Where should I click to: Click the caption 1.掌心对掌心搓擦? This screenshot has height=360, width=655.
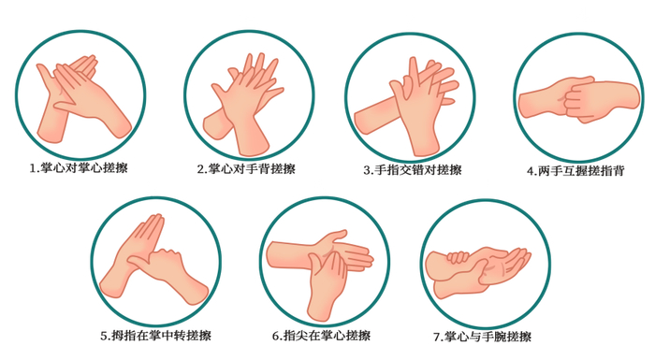[x=79, y=168]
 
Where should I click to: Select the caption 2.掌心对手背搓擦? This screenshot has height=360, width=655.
[x=246, y=168]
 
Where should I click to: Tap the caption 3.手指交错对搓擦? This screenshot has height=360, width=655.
[x=413, y=170]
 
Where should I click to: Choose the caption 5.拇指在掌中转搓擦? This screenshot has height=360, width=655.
[x=156, y=336]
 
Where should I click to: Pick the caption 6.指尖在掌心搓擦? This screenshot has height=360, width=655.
[x=321, y=336]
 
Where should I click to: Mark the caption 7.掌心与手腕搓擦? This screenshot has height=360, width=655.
[x=482, y=337]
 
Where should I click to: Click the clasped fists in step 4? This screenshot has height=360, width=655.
[x=578, y=100]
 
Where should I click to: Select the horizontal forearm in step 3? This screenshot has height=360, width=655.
[x=374, y=117]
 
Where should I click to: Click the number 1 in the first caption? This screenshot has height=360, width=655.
[x=33, y=168]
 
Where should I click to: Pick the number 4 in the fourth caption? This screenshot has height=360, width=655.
[x=531, y=171]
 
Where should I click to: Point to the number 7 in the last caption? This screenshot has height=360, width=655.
[x=437, y=337]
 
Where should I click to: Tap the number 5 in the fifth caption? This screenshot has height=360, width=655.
[x=104, y=336]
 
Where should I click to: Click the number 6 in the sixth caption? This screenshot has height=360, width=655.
[x=276, y=336]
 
